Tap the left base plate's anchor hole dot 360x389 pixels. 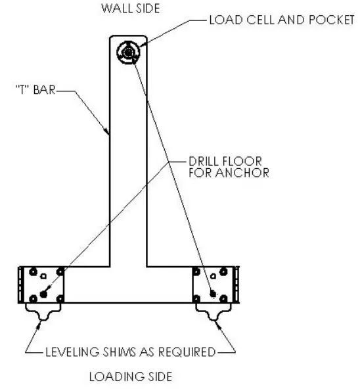click(x=43, y=292)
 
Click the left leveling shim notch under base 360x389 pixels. click(x=43, y=316)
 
